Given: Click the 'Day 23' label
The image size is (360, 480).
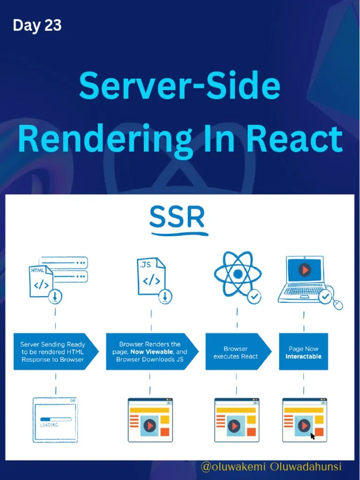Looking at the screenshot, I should point(37,25).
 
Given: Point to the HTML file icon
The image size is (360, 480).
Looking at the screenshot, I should point(41,280).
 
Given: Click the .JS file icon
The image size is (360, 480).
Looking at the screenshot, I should point(151,277).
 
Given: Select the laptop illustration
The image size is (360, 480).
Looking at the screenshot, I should point(306,278).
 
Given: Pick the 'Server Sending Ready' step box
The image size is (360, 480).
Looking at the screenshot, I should point(53,352).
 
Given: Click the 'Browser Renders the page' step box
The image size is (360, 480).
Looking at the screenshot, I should point(150,352).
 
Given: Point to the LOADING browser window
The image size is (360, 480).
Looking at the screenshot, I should point(55,420).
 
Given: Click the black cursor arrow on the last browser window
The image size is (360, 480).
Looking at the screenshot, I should point(313,436).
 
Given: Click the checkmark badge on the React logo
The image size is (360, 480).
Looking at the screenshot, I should point(254,296).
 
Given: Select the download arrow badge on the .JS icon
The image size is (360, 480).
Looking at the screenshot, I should point(165,296).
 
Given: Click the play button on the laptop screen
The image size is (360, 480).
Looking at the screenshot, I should point(305,270).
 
